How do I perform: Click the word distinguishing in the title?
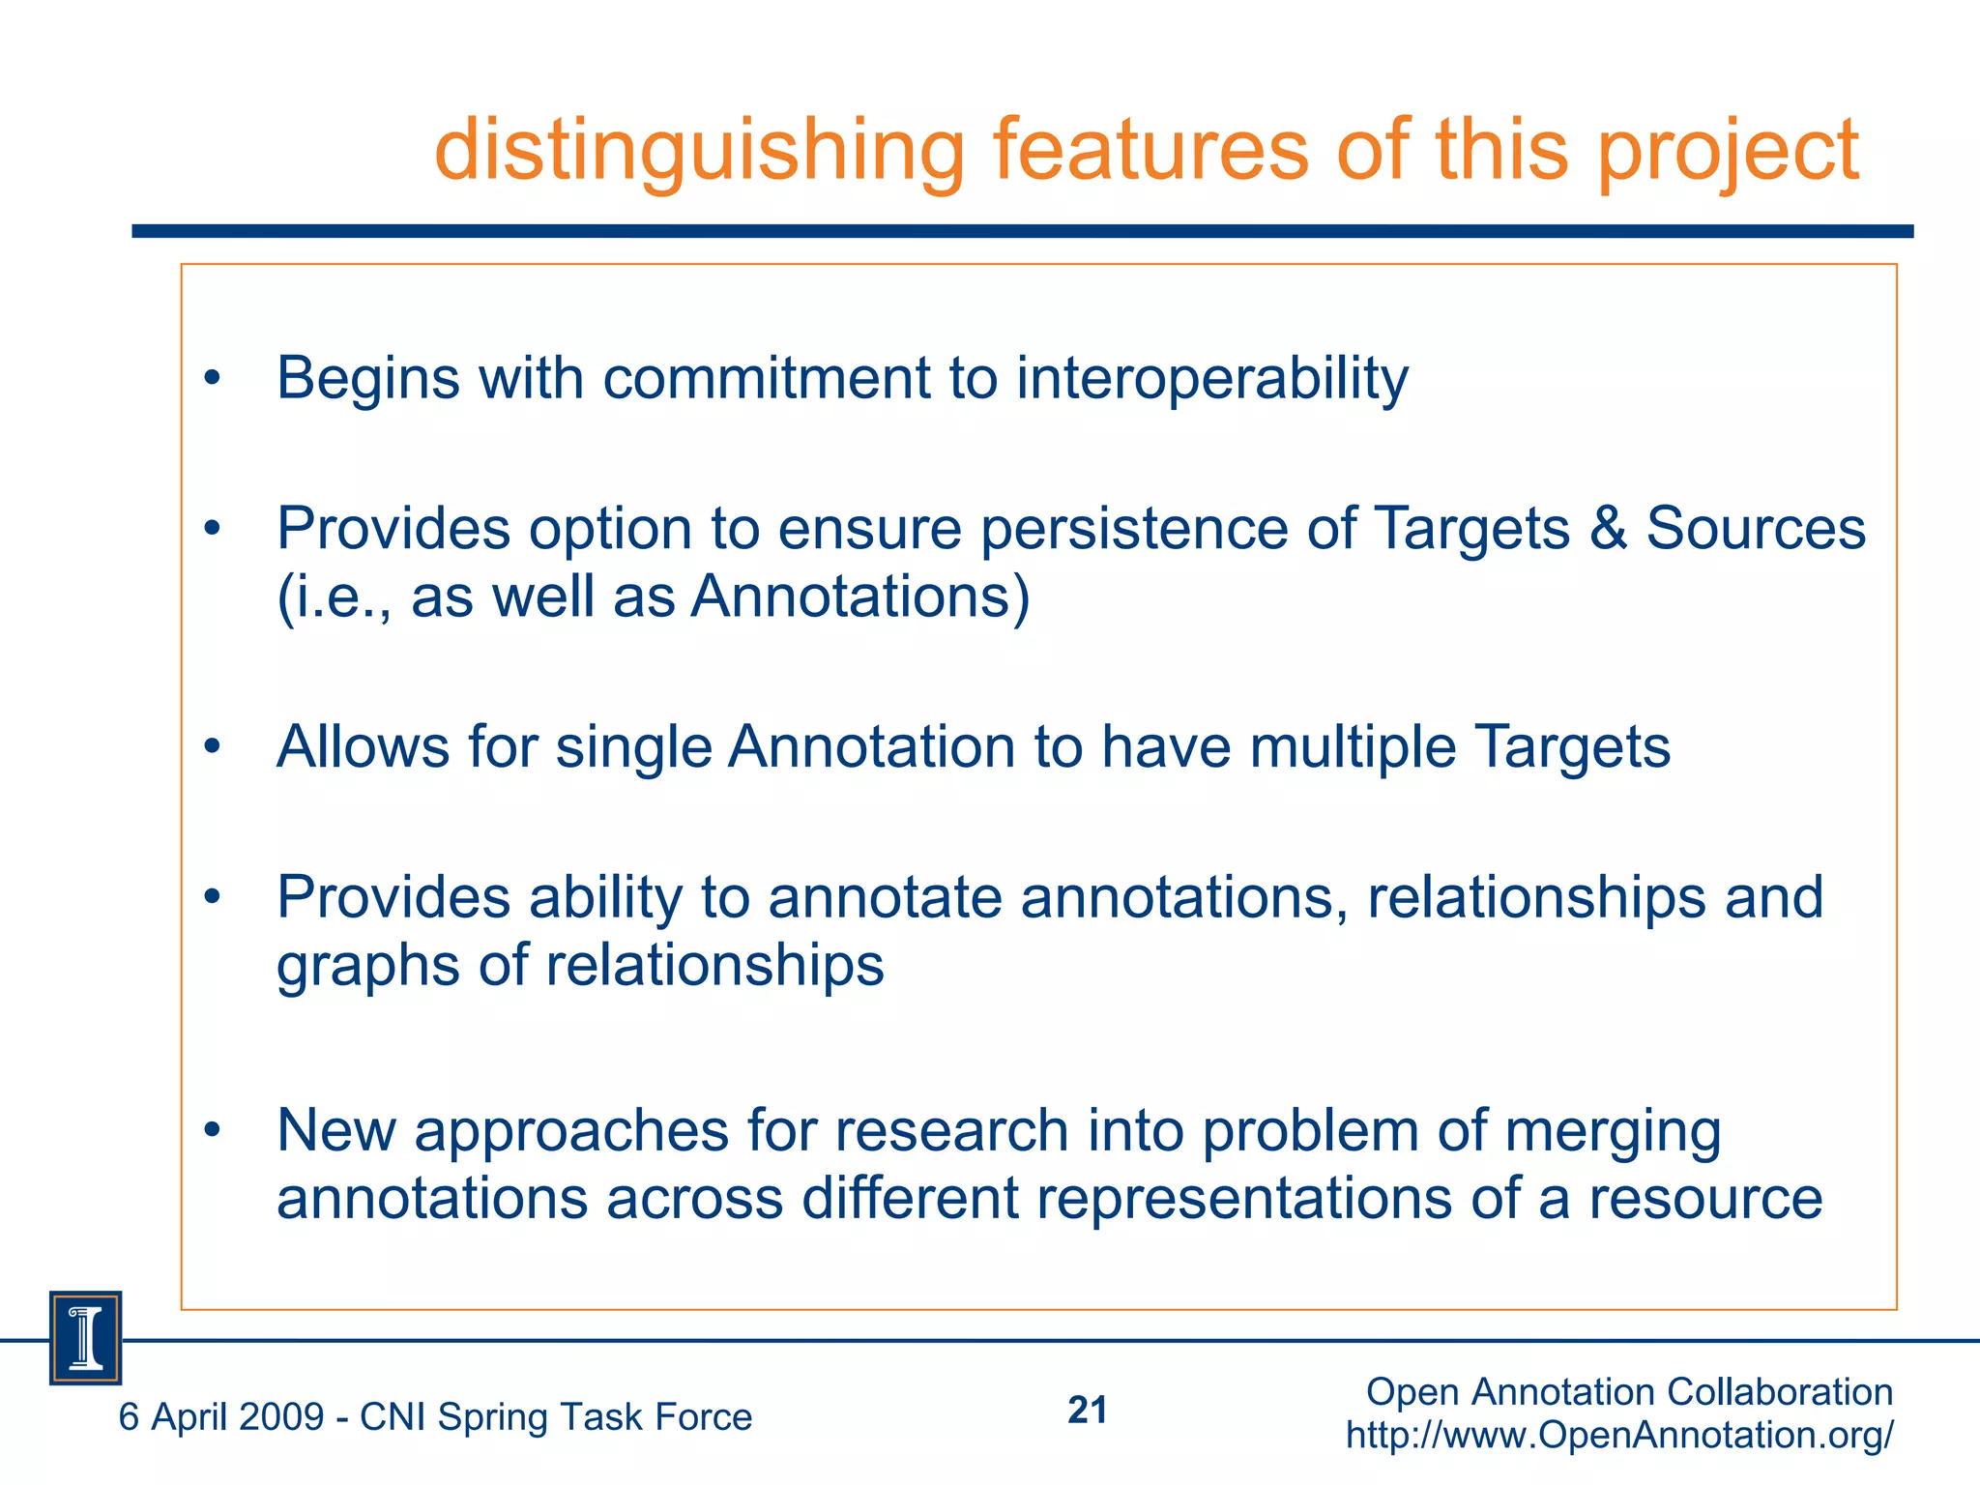click(x=699, y=151)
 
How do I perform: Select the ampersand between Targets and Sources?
click(x=1608, y=529)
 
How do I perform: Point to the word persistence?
click(x=1134, y=529)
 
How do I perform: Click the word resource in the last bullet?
click(x=1705, y=1199)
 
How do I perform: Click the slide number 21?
click(x=1087, y=1411)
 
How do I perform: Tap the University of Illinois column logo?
click(x=86, y=1338)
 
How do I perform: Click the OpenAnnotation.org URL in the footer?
click(x=1619, y=1435)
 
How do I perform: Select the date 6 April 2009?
click(x=220, y=1417)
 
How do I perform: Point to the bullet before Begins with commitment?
click(x=213, y=379)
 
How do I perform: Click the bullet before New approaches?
click(x=213, y=1131)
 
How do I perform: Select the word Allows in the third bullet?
click(x=363, y=747)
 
